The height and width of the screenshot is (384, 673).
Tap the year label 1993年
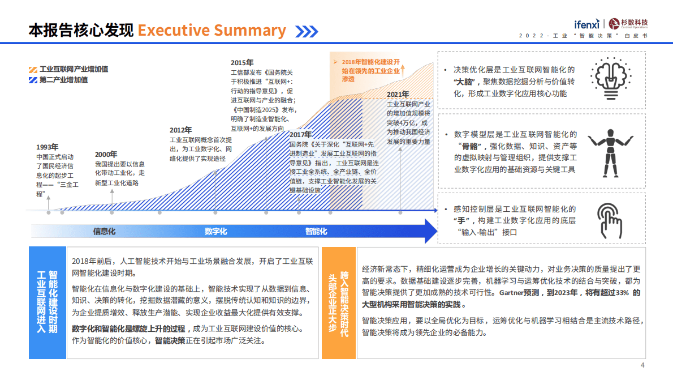pos(48,147)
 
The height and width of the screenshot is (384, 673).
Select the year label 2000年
pos(106,154)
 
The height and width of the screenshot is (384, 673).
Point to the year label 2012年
pos(181,130)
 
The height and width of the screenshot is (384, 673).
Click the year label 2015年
pos(242,62)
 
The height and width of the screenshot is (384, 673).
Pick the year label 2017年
pos(300,134)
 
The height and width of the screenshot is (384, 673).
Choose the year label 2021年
pos(398,95)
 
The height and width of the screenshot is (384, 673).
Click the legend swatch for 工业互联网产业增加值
pos(33,69)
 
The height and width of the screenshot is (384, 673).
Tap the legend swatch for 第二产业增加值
pos(33,80)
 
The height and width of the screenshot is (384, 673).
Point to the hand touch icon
pos(611,220)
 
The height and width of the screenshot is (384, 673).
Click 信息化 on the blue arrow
pos(105,231)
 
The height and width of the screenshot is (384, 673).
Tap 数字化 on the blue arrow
pos(216,231)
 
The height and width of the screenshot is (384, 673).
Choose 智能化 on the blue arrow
pos(317,231)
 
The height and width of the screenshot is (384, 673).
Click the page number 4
pos(642,365)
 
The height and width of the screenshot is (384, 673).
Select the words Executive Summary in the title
pos(212,30)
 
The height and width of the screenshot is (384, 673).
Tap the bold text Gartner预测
pos(519,293)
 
